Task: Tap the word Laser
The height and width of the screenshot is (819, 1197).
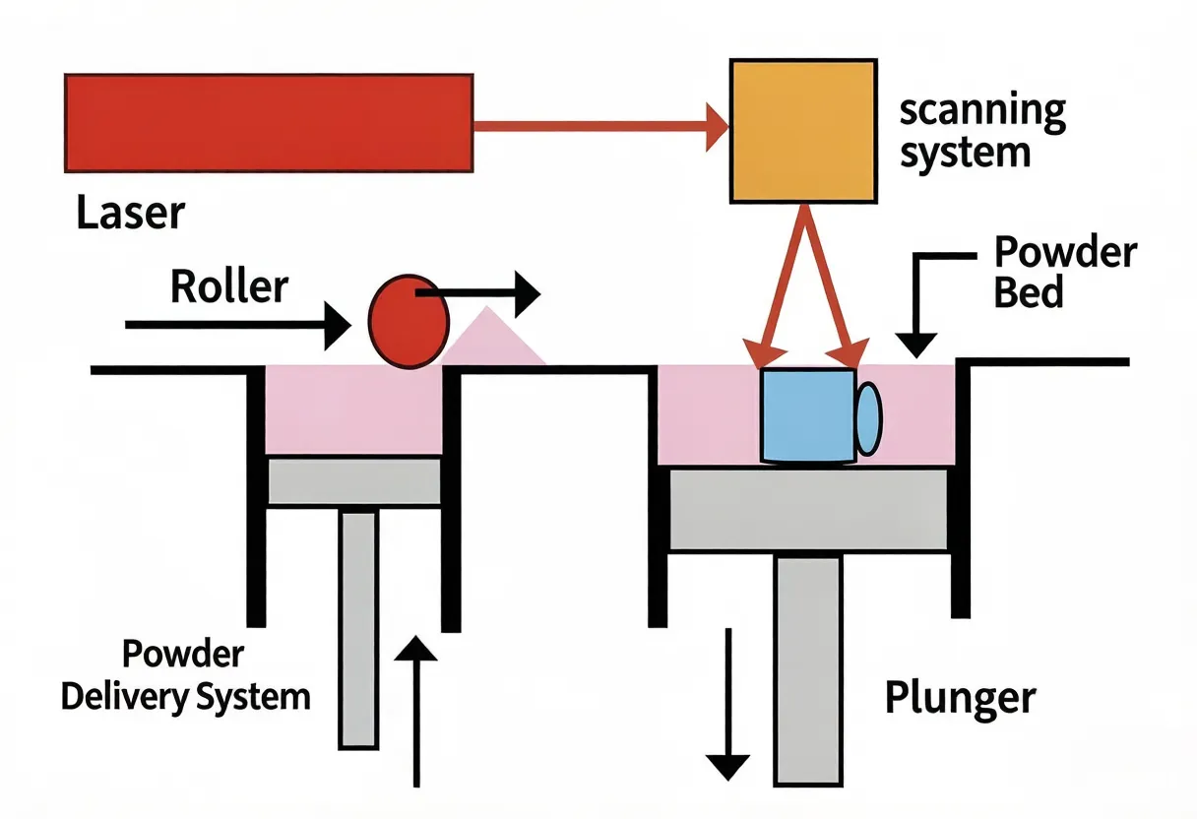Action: click(130, 213)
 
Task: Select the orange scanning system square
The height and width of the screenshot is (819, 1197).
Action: click(802, 131)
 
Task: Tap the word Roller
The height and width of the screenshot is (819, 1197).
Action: click(229, 287)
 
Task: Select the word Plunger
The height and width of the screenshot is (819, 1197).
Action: click(960, 697)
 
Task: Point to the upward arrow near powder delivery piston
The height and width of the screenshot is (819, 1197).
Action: click(417, 709)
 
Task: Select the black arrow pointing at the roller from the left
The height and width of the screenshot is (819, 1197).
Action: click(236, 323)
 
